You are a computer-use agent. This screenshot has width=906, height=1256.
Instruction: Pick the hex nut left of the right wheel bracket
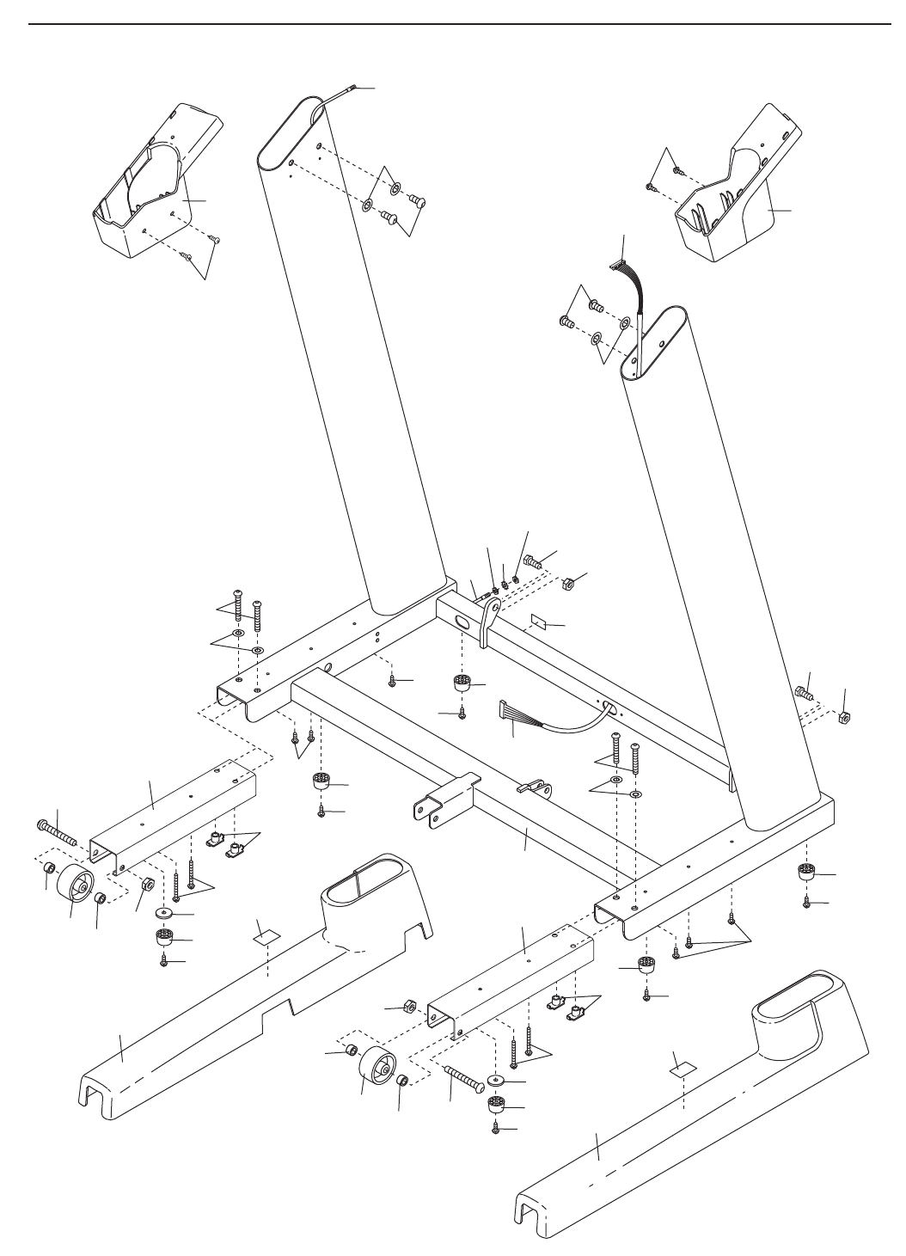tap(411, 1005)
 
